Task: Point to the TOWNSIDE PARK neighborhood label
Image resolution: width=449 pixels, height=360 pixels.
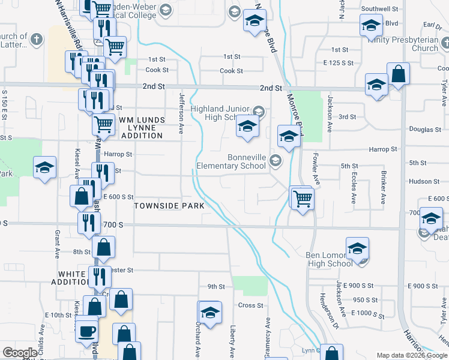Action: coord(169,206)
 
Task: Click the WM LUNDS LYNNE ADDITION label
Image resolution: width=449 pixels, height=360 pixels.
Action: coord(141,128)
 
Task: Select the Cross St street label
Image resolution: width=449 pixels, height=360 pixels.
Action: coord(250,305)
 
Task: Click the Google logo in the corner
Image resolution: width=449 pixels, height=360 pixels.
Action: coord(20,353)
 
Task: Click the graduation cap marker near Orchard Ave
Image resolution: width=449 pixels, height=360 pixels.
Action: coord(210,312)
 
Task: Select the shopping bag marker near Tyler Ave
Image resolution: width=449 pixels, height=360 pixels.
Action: coord(398,74)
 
